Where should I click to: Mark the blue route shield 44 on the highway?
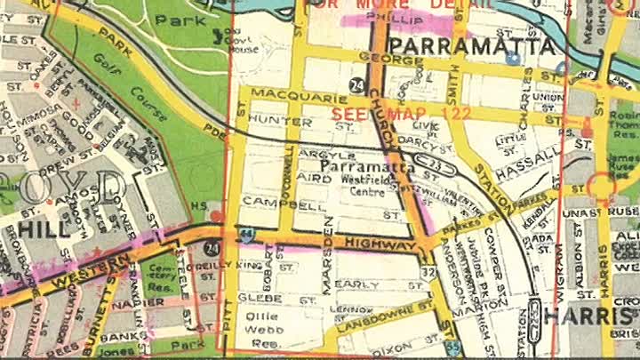tap(244, 235)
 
